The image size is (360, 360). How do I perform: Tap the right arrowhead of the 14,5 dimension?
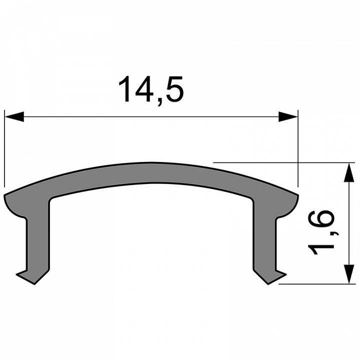(287, 117)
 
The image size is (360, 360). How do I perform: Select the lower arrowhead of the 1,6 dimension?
(346, 274)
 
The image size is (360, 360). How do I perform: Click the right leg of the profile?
(263, 235)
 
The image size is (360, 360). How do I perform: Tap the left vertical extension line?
(4, 150)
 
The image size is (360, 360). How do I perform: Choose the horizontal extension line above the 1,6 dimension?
(280, 162)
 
